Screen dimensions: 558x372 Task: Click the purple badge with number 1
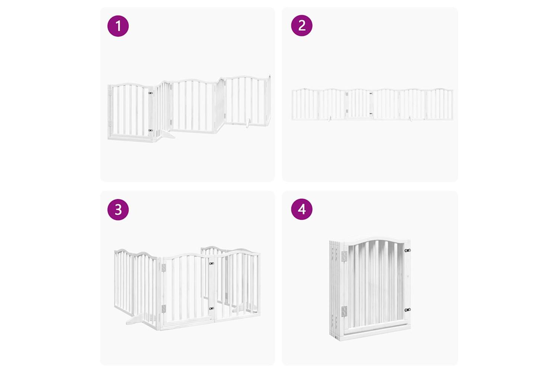coord(118,26)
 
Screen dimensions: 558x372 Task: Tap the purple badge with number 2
coord(302,25)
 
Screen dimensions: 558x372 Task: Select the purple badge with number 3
coord(118,209)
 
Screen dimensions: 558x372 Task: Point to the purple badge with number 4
coord(302,209)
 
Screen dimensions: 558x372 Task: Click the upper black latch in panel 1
coord(150,93)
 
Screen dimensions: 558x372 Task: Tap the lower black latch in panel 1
coord(150,130)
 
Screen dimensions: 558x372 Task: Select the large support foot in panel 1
coord(167,134)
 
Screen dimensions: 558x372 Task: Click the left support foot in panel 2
coord(330,118)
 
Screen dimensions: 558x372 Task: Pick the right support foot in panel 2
coord(411,118)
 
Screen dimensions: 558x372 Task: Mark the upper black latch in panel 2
coord(371,93)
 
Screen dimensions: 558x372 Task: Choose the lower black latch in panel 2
coord(371,113)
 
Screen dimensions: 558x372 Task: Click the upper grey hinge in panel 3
coord(163,268)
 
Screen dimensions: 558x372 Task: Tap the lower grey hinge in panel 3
coord(163,308)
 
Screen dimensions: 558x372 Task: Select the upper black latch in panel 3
coord(212,263)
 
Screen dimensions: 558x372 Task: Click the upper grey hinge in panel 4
coord(344,256)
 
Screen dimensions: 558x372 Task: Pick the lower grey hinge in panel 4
coord(344,311)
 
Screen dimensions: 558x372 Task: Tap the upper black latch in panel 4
coord(408,250)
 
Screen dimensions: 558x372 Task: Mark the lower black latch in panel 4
coord(408,310)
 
